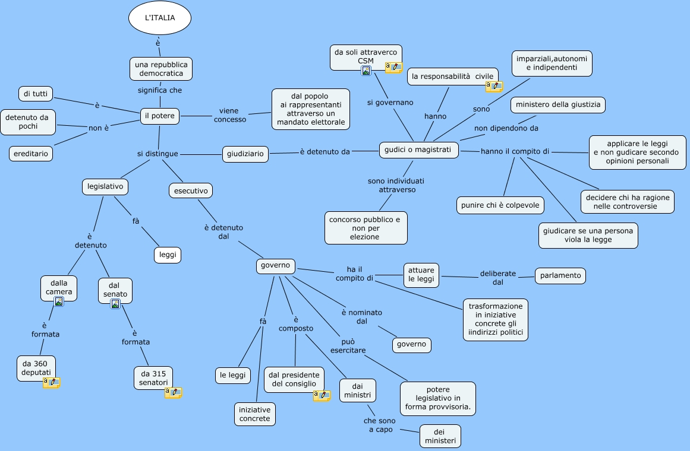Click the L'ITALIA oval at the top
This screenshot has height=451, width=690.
point(160,18)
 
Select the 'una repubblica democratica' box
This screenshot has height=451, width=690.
point(161,69)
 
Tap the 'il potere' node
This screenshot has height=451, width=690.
point(160,116)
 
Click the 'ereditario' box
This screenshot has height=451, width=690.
point(31,154)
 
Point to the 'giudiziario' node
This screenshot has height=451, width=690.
point(245,154)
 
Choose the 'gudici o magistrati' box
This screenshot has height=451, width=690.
point(418,150)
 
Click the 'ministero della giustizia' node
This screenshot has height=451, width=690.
point(558,104)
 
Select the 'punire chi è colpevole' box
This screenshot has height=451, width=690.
point(500,205)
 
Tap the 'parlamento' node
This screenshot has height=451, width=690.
point(560,275)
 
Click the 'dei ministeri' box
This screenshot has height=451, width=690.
point(440,437)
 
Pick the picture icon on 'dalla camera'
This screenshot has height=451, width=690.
point(58,301)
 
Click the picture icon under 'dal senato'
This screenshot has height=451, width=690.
point(115,304)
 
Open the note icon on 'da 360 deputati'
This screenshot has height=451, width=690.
point(51,383)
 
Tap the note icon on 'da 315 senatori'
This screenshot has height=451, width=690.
point(173,392)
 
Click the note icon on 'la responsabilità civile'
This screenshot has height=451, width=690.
point(494,87)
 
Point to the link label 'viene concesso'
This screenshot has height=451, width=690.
point(230,115)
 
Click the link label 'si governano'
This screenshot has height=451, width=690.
point(390,103)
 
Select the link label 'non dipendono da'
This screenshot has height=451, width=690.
point(506,128)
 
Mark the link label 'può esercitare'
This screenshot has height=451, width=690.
point(348,346)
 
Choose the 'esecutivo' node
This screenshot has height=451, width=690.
point(191,190)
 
